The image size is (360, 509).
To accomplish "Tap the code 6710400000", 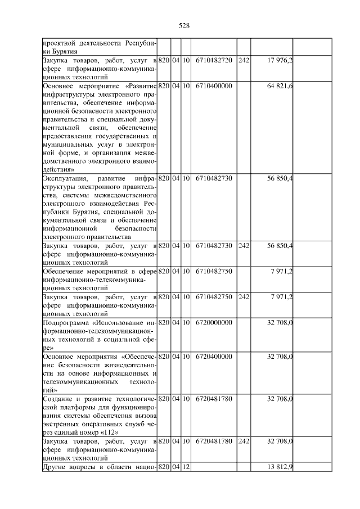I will coord(214,85).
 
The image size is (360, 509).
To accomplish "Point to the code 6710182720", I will coord(214,60).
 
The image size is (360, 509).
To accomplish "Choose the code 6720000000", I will coord(214,323).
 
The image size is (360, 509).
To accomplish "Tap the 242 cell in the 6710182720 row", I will coord(243,60).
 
